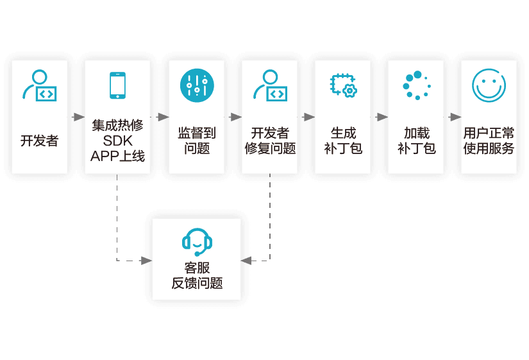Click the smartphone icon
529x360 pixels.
coord(117,85)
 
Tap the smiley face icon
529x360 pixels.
coord(489,85)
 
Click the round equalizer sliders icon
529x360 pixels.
coord(197,85)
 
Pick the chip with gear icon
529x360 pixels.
coord(344,85)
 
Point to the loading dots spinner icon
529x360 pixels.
coord(417,85)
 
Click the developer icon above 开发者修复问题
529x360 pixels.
coord(270,85)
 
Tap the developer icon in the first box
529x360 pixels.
coord(40,85)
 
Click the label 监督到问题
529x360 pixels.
coord(197,141)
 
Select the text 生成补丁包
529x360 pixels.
coord(343,141)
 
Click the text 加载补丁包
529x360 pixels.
coord(417,141)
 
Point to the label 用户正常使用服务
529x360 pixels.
coord(489,141)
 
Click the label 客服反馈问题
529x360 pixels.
coord(197,275)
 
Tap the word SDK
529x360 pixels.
coord(118,141)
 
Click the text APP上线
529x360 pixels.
coord(118,156)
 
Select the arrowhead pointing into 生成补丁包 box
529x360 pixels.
coord(309,117)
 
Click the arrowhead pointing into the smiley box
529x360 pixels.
coord(455,117)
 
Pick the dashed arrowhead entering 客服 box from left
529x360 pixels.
coord(146,261)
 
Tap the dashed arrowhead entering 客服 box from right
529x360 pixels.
coord(246,261)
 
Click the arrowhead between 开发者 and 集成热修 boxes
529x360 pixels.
coord(79,117)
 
